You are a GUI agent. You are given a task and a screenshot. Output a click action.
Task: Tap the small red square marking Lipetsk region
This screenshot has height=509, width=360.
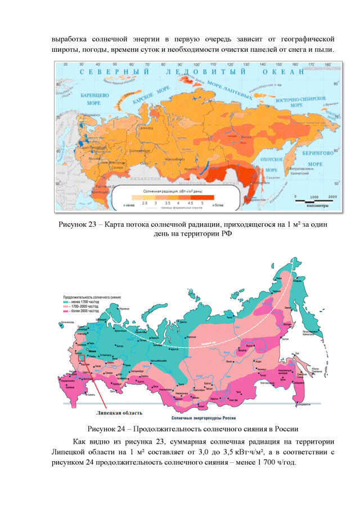click(x=82, y=358)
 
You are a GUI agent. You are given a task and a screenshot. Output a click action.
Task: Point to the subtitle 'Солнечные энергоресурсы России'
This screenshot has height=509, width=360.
click(x=197, y=417)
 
